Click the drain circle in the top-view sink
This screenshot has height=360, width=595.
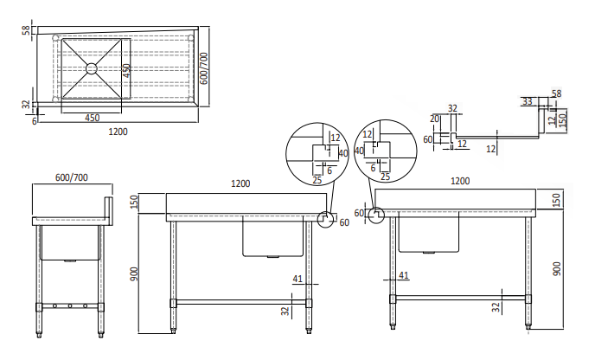coord(91,67)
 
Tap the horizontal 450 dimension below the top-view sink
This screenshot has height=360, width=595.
coord(91,118)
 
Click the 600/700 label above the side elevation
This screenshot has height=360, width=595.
coord(71,177)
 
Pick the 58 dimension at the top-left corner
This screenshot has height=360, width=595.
coord(26,30)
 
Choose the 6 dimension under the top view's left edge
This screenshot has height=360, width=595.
coord(35,121)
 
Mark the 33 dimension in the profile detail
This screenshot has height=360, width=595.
coord(527,102)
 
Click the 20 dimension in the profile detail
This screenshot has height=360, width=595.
coord(434,119)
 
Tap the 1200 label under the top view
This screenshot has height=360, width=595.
coord(118,132)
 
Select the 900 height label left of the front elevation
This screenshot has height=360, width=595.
coord(157,274)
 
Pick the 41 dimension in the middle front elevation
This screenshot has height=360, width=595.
coord(297,280)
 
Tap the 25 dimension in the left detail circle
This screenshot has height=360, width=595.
coord(317,179)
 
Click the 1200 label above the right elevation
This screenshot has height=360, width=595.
coord(460,182)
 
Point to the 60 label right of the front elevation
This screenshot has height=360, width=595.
coord(344,223)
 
